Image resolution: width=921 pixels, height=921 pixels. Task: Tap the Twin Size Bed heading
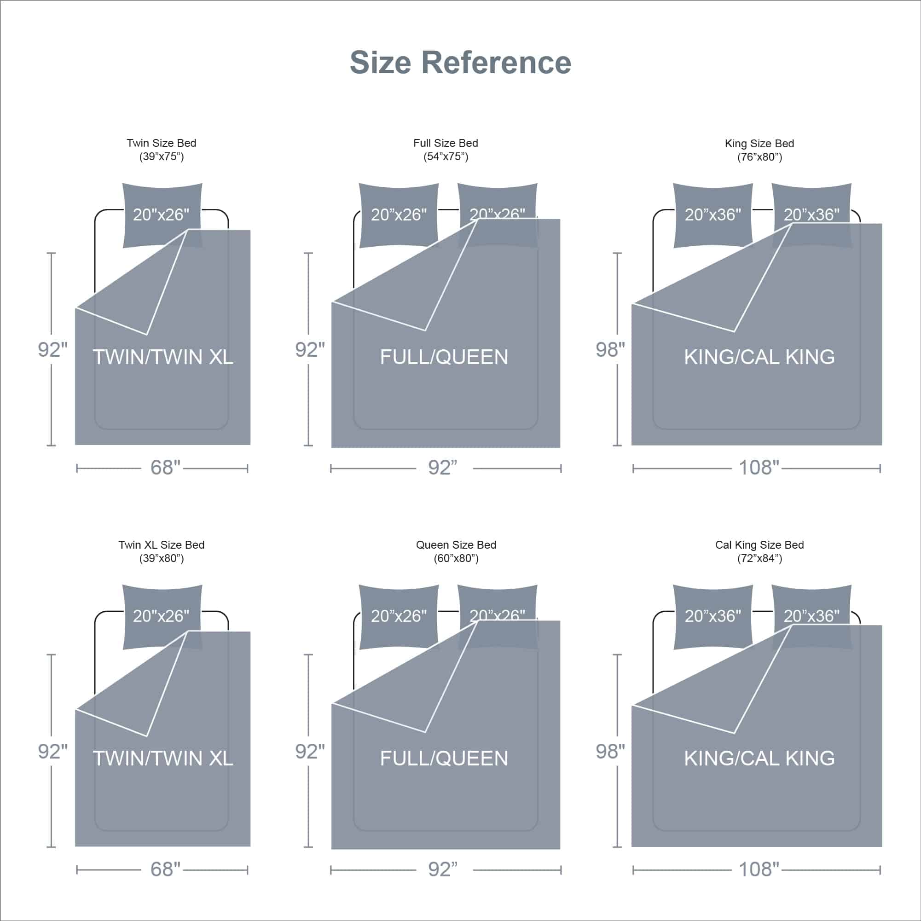click(161, 143)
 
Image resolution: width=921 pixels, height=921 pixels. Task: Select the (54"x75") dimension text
click(446, 157)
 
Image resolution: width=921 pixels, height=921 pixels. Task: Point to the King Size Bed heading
click(759, 144)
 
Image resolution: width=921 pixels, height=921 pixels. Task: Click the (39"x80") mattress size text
click(161, 558)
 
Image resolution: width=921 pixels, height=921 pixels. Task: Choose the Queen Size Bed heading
click(456, 545)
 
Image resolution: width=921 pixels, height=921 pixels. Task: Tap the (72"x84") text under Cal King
click(759, 558)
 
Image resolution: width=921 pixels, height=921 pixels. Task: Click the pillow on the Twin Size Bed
click(162, 215)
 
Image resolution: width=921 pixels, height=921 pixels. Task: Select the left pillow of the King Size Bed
click(712, 215)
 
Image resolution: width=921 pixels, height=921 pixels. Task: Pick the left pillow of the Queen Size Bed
click(399, 616)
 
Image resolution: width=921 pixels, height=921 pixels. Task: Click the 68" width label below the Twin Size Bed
click(165, 468)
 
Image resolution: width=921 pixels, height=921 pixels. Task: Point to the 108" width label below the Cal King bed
click(759, 869)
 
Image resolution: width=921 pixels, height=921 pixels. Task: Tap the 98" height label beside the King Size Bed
click(610, 350)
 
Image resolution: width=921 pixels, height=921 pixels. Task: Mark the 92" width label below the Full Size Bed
click(442, 468)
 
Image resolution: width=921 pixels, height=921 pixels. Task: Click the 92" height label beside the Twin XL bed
click(52, 752)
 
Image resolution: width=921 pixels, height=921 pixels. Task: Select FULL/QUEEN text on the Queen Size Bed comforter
click(444, 759)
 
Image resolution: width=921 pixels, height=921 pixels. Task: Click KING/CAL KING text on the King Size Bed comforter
click(759, 357)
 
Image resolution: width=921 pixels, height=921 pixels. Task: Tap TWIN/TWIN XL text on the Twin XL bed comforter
click(163, 759)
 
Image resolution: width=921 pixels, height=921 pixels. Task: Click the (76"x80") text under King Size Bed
click(759, 157)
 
